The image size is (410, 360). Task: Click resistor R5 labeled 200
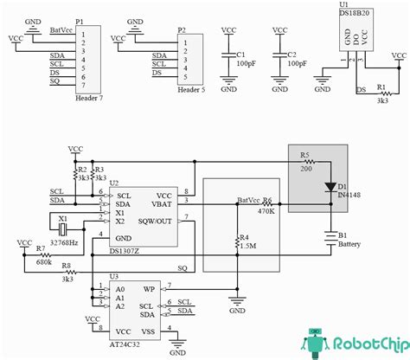click(305, 163)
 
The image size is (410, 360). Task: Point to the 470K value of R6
click(266, 210)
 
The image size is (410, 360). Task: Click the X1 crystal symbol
click(63, 228)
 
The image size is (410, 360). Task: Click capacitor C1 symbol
click(228, 57)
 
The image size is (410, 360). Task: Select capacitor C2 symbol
click(280, 57)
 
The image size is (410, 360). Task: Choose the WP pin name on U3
click(148, 289)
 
